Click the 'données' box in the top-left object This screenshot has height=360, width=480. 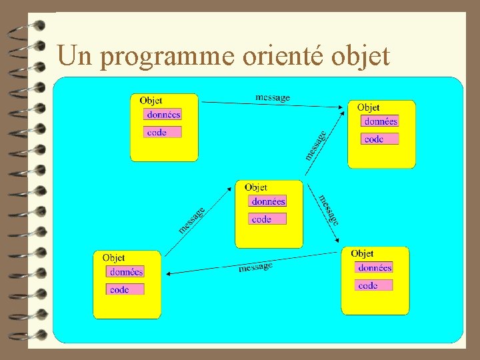(163, 115)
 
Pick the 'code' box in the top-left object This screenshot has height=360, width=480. (163, 132)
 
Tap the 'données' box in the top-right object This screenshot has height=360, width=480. (380, 121)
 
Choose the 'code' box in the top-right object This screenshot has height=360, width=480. (380, 139)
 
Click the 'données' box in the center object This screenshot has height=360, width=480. (268, 201)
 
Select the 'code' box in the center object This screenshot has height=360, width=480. (268, 219)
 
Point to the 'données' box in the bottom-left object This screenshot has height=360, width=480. (125, 271)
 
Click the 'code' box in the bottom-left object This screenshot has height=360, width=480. (125, 289)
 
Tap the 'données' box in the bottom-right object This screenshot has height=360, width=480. (374, 267)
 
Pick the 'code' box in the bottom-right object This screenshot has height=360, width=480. (374, 285)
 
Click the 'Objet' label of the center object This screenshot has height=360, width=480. (256, 187)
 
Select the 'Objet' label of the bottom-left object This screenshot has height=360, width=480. (113, 257)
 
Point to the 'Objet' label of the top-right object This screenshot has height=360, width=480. (368, 107)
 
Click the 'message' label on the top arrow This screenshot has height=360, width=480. (273, 97)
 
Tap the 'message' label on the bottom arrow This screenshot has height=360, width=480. (255, 267)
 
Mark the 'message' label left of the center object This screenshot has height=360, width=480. (191, 219)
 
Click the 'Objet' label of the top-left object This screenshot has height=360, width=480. (151, 101)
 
